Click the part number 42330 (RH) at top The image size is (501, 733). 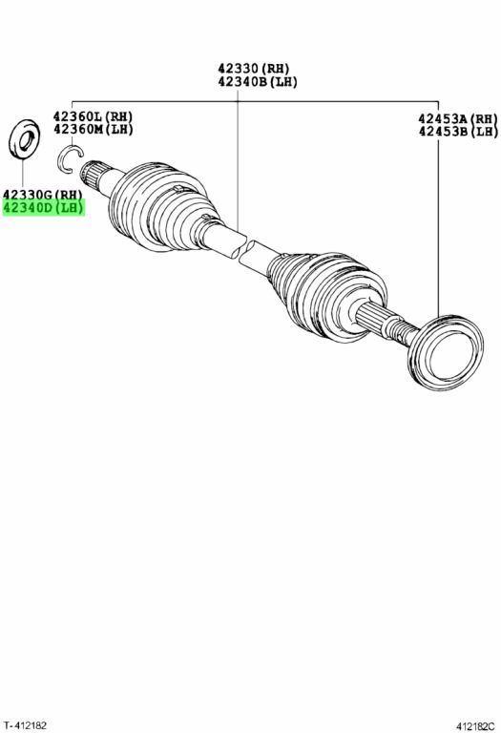[254, 69]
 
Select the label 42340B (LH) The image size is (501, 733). [258, 82]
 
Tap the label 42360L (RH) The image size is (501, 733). [93, 115]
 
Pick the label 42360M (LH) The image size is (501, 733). [93, 129]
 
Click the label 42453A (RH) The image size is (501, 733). [458, 118]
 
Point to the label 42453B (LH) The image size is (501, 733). [458, 132]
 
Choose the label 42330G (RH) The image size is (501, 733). [43, 194]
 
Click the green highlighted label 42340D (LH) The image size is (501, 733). [44, 207]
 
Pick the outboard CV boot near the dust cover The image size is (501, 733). [327, 295]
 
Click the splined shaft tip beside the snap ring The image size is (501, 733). [94, 176]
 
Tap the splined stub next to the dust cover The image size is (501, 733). [384, 324]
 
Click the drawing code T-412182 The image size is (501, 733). [24, 725]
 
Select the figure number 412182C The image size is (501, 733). [475, 726]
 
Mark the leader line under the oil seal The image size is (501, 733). [22, 173]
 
